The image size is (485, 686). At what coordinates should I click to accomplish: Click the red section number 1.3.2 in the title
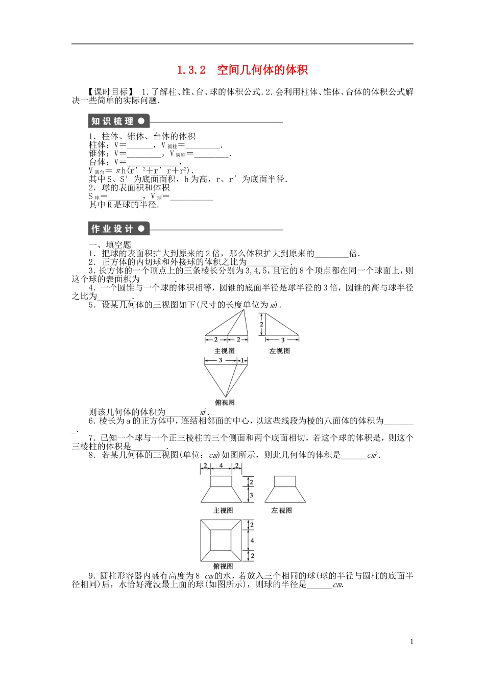tap(191, 70)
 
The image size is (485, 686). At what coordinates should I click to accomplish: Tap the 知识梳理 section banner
tap(117, 121)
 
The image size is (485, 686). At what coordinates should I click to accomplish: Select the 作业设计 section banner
tap(117, 229)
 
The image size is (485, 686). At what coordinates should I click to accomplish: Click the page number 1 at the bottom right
tap(411, 642)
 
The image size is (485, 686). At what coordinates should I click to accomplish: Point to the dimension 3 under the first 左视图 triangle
tap(282, 340)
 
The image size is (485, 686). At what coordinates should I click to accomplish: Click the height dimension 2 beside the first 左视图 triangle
tap(261, 324)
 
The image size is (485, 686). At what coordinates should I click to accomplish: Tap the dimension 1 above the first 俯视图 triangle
tap(243, 360)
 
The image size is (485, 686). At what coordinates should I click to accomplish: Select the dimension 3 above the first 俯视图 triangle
tap(221, 360)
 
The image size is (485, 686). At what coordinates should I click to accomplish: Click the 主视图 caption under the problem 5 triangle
tap(225, 351)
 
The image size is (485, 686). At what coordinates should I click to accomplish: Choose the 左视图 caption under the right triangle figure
tap(280, 351)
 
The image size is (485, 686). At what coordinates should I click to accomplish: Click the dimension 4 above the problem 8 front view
tap(221, 466)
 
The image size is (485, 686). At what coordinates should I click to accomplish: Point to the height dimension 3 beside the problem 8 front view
tap(251, 495)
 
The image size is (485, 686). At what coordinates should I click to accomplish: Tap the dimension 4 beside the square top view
tap(252, 541)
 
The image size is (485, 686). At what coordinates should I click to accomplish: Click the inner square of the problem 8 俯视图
tap(221, 541)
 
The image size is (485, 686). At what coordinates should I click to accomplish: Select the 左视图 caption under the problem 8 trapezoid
tap(281, 510)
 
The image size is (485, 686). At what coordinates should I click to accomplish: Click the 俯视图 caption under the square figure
tap(223, 566)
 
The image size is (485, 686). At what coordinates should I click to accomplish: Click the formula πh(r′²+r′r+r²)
tap(153, 170)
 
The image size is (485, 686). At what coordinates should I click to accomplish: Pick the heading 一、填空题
tap(110, 245)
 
